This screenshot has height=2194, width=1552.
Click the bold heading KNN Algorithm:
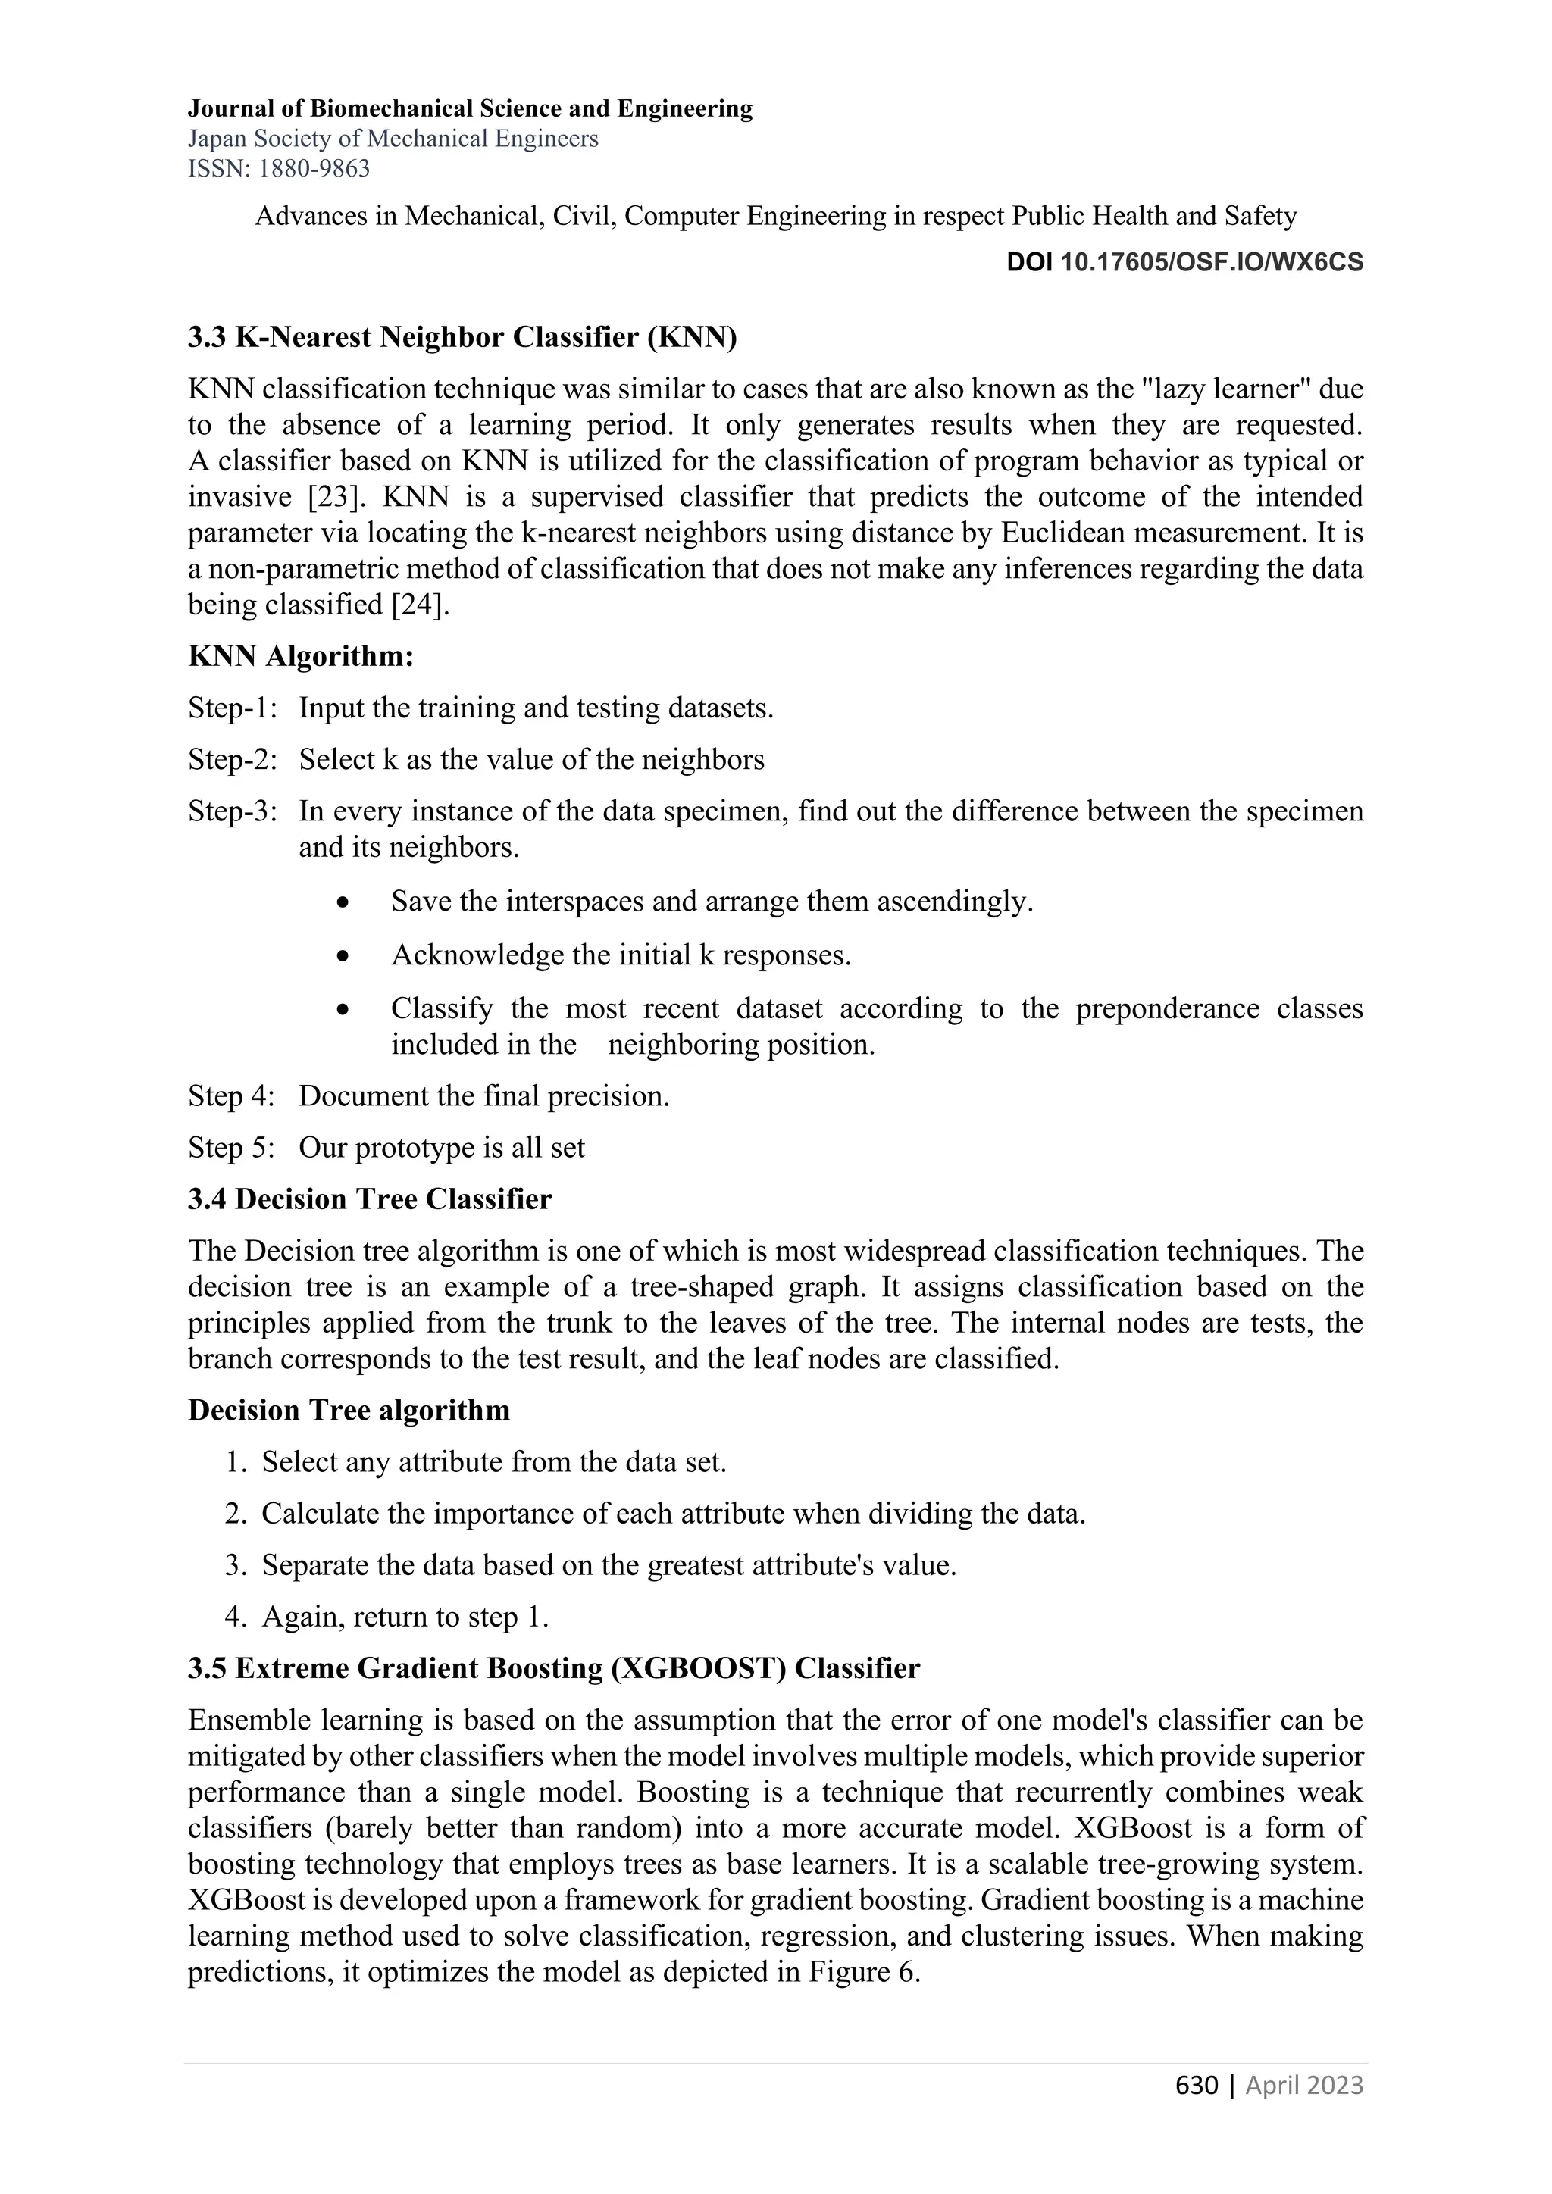point(300,657)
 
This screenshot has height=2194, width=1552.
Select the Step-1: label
point(232,708)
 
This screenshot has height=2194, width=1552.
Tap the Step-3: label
point(232,811)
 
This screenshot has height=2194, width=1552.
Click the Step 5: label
point(230,1148)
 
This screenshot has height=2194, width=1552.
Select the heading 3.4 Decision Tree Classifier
point(369,1199)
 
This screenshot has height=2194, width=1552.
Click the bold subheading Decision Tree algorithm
point(349,1411)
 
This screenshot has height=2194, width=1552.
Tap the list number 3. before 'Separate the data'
point(235,1565)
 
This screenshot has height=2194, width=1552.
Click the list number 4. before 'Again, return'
point(235,1617)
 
